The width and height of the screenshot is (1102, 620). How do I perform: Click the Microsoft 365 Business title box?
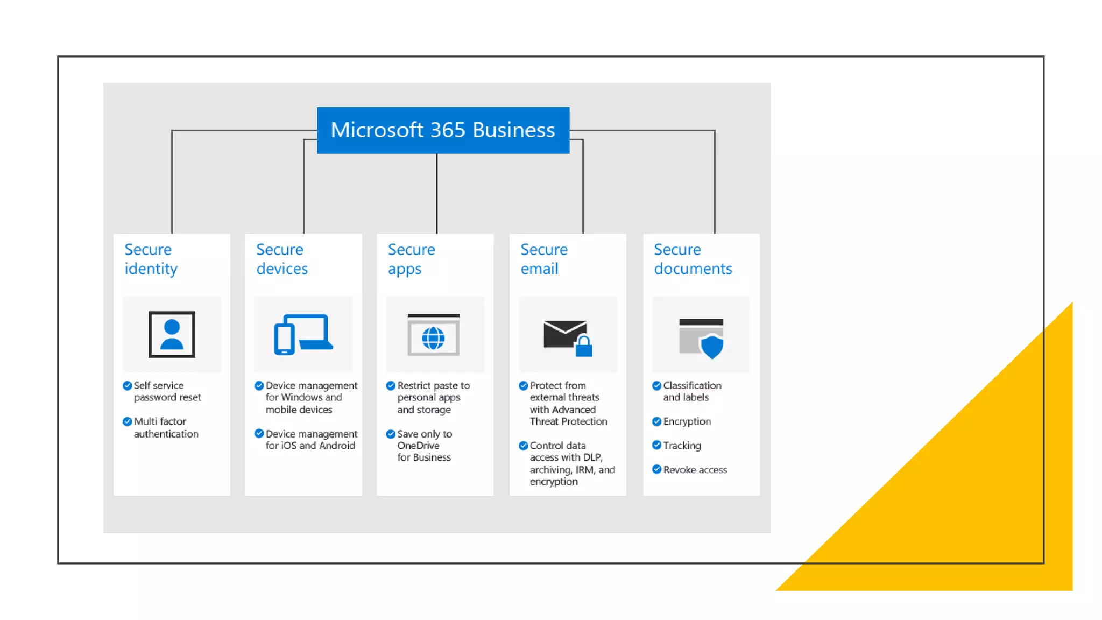443,130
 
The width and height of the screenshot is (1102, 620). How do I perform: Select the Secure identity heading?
151,259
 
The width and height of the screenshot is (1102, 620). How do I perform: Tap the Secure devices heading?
282,259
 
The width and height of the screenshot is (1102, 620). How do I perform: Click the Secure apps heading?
411,259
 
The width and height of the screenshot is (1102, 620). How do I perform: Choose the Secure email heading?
543,259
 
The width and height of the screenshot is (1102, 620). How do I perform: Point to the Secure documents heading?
693,259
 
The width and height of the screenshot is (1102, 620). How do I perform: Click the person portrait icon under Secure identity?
172,334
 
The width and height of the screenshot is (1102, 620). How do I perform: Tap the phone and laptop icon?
303,334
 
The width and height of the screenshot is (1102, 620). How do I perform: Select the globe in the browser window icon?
433,338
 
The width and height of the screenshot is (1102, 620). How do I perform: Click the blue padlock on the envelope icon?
584,347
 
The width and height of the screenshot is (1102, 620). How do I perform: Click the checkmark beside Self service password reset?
128,385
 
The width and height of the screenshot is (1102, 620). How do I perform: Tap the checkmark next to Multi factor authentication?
128,421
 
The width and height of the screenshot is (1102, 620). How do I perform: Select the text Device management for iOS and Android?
310,440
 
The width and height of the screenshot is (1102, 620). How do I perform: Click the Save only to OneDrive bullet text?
424,446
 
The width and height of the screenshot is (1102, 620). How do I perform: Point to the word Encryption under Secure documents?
687,421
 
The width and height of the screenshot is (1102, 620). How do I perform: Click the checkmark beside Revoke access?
656,469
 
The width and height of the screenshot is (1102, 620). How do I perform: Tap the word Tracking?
682,446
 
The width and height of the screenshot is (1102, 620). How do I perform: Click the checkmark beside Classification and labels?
656,385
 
